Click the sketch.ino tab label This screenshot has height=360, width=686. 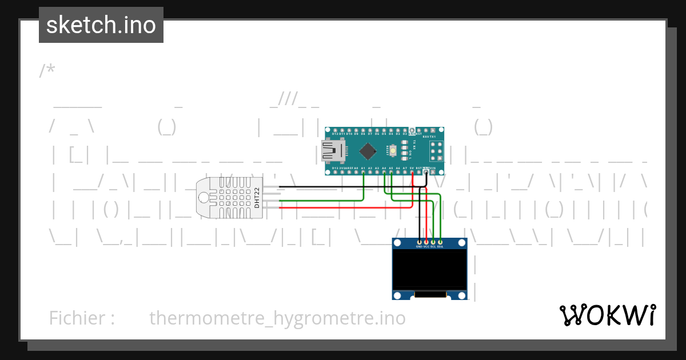pyautogui.click(x=101, y=25)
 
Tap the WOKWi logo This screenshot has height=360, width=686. pyautogui.click(x=607, y=315)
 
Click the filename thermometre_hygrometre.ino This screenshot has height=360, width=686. pyautogui.click(x=277, y=318)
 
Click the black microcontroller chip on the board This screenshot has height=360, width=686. pyautogui.click(x=368, y=151)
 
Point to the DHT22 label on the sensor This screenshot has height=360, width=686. pyautogui.click(x=257, y=197)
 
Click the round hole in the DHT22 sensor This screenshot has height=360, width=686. pyautogui.click(x=204, y=198)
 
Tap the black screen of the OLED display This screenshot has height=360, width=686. pyautogui.click(x=429, y=269)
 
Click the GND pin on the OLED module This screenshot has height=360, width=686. pyautogui.click(x=419, y=243)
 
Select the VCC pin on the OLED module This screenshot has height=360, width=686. pyautogui.click(x=426, y=243)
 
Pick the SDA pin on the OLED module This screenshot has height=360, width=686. pyautogui.click(x=440, y=243)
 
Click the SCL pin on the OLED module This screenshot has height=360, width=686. pyautogui.click(x=433, y=243)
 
